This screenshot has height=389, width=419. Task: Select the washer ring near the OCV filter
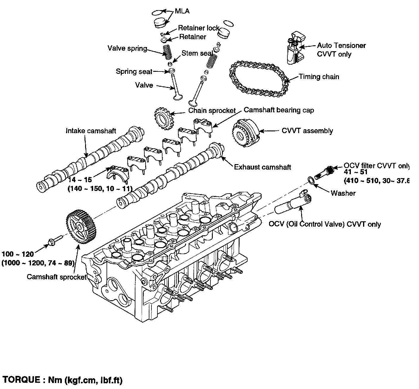click(311, 180)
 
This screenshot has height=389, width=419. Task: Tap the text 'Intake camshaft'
click(91, 131)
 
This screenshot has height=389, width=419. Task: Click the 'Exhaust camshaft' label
click(262, 167)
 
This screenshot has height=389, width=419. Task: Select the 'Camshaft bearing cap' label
click(279, 110)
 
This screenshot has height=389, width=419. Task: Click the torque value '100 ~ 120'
click(18, 254)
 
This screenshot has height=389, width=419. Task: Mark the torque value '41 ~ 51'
click(356, 172)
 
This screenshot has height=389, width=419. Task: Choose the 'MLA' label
click(182, 11)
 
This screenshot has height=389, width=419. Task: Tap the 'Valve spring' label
click(127, 48)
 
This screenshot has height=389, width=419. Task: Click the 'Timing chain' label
click(319, 77)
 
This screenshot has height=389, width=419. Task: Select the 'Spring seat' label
click(134, 71)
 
